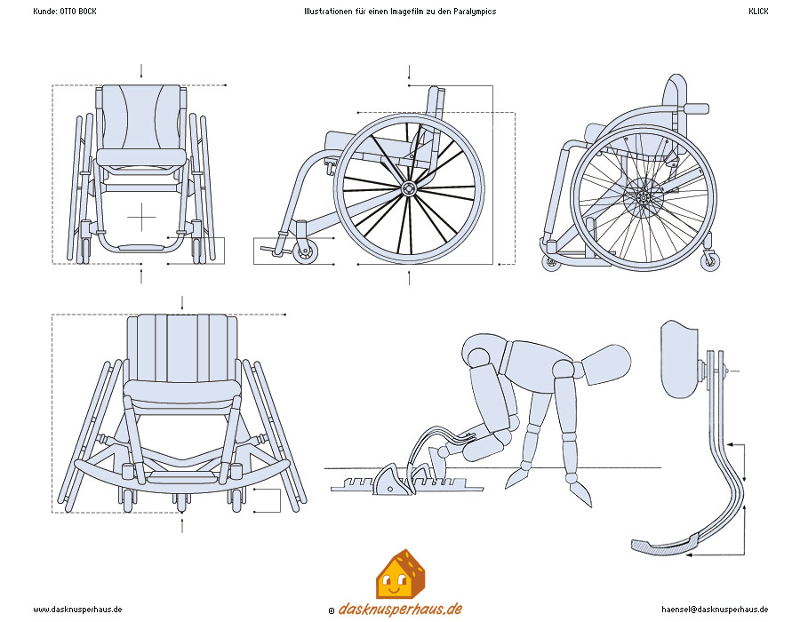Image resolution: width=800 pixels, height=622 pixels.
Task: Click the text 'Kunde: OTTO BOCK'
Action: (x=64, y=12)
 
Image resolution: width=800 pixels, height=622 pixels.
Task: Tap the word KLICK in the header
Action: (x=758, y=12)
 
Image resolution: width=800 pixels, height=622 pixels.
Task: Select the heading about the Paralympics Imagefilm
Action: (x=399, y=12)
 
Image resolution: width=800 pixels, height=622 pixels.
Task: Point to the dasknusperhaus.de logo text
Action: (x=401, y=610)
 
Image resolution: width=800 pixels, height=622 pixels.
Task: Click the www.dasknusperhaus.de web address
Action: (x=77, y=610)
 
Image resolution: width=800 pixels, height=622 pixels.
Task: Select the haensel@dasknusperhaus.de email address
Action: (x=715, y=610)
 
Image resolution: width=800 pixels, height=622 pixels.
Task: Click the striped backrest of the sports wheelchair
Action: (x=182, y=347)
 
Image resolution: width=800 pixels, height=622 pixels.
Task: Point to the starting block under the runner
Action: (x=392, y=481)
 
